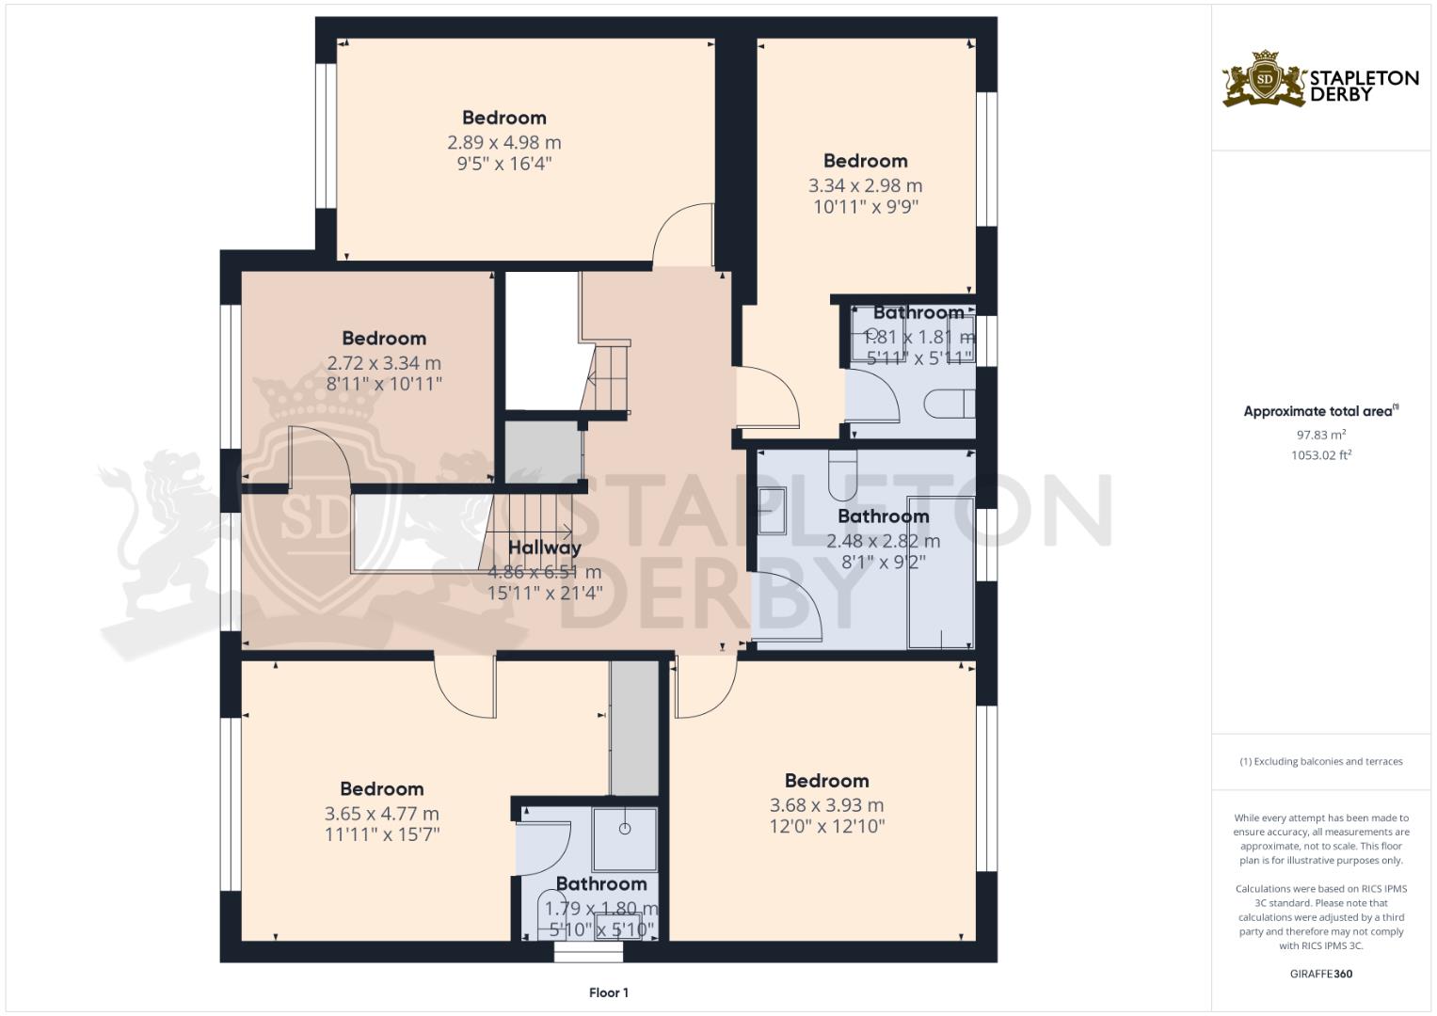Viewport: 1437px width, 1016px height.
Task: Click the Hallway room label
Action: pos(544,548)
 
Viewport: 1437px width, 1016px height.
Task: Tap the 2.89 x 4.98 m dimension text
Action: pos(503,143)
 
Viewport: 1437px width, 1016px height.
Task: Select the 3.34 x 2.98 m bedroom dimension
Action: pos(865,186)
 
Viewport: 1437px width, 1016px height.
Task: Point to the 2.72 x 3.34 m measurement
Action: pos(384,363)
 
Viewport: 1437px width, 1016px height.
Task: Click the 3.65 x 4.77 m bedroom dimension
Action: pos(381,814)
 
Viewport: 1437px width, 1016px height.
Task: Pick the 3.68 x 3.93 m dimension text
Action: pos(826,805)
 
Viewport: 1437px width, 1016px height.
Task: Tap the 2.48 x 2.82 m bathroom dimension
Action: pos(883,541)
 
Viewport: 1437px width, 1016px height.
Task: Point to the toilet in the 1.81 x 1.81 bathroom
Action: pos(949,405)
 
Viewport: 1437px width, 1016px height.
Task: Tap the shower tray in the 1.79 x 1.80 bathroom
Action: pos(624,837)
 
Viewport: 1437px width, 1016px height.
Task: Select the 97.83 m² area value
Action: pos(1320,435)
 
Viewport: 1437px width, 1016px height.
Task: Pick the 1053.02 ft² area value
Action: pos(1320,455)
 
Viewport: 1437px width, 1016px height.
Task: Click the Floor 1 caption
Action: pos(608,992)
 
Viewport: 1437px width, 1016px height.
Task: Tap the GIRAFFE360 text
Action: pos(1320,974)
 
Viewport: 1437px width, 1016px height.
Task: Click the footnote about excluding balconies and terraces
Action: pos(1320,762)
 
